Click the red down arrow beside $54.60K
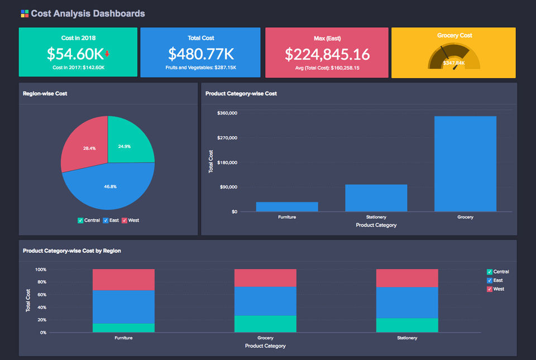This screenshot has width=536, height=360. [x=107, y=54]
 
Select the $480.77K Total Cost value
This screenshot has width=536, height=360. [x=200, y=54]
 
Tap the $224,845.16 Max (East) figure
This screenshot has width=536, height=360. [x=327, y=54]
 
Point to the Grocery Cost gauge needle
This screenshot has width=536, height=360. [x=445, y=54]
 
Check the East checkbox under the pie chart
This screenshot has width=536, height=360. [x=106, y=220]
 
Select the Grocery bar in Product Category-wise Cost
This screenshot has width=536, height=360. [x=465, y=164]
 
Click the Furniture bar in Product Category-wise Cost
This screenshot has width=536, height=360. [x=287, y=207]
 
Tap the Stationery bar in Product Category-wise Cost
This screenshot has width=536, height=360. [x=376, y=198]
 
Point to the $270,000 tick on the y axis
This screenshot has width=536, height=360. [x=227, y=138]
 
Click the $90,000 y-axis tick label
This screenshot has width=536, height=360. [x=229, y=187]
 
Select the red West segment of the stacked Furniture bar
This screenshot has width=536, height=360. [x=123, y=279]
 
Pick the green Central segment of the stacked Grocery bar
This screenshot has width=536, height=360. [x=265, y=324]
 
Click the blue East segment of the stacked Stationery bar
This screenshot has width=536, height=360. [x=407, y=303]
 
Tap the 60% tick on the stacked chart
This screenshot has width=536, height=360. [x=40, y=295]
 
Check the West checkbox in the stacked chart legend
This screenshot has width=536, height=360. [x=490, y=289]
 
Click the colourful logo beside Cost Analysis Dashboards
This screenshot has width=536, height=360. [x=25, y=13]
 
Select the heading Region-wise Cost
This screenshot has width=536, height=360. [x=45, y=94]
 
